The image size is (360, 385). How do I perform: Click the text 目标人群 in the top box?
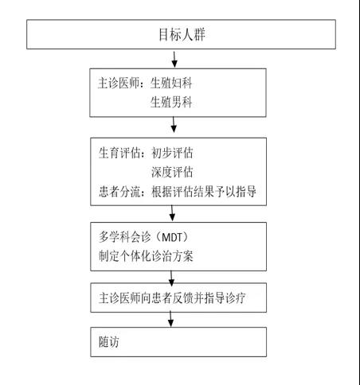(x=182, y=34)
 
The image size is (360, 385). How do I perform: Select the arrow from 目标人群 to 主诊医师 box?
(x=174, y=60)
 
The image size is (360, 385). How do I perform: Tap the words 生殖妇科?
(x=171, y=84)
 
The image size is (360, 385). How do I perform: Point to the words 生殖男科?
(x=171, y=102)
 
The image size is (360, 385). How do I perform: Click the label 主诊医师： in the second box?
(x=121, y=84)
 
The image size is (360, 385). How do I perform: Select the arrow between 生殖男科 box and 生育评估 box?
(x=174, y=125)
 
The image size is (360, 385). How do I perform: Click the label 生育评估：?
(x=122, y=153)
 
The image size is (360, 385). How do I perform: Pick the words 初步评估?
(x=172, y=153)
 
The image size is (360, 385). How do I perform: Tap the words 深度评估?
(x=172, y=172)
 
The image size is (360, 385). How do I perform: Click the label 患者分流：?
(x=122, y=191)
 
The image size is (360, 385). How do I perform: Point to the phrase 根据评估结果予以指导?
(x=204, y=191)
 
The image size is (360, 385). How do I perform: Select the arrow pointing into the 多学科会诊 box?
(x=172, y=213)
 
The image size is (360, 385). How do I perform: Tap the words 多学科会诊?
(x=125, y=237)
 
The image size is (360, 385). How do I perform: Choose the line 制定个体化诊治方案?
(x=146, y=256)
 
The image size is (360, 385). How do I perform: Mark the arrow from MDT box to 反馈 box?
(x=171, y=278)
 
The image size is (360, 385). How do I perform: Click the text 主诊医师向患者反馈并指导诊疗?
(x=172, y=297)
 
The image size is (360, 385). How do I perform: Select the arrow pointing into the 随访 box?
(x=170, y=320)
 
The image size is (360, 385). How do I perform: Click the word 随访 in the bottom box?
(x=109, y=342)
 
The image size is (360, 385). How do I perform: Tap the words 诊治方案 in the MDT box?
(x=172, y=256)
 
